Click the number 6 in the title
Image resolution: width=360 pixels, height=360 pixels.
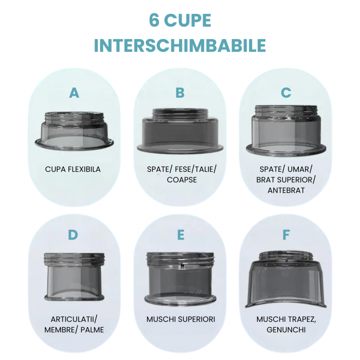tap(154, 21)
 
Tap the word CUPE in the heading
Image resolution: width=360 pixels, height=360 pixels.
tap(188, 21)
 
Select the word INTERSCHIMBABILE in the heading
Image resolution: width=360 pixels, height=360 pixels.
tap(180, 46)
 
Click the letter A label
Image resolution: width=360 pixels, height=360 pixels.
tap(74, 93)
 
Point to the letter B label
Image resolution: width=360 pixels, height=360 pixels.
tap(180, 93)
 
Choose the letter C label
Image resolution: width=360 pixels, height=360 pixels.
tap(286, 93)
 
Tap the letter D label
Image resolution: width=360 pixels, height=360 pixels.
tap(73, 235)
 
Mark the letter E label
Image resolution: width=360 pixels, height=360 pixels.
tap(181, 235)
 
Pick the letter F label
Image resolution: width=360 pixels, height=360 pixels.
tap(286, 235)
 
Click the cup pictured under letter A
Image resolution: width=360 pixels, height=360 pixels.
tap(74, 131)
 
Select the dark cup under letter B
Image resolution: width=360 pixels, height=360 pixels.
tap(180, 130)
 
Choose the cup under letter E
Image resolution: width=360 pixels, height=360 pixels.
tap(180, 278)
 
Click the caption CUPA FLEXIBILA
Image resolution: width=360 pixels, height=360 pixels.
tap(73, 169)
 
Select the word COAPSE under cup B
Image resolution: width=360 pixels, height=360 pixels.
tap(182, 180)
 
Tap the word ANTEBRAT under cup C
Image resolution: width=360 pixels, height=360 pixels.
tap(286, 191)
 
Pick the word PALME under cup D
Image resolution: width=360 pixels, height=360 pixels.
tap(92, 330)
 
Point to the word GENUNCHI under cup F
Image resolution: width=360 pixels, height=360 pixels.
tap(286, 330)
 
